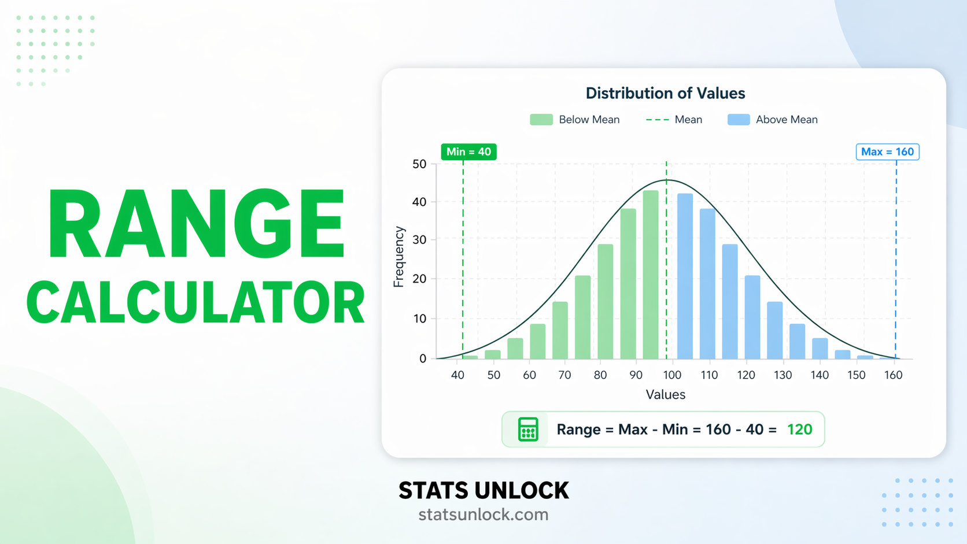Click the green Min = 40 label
468,151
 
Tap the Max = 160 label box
887,151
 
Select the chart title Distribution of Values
665,93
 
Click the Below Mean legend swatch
541,120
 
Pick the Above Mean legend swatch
739,120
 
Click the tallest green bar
651,275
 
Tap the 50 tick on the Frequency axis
419,164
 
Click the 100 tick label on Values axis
672,375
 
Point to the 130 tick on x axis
783,375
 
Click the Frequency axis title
398,257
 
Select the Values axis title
665,394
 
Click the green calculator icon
528,429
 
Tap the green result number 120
799,429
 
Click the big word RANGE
195,224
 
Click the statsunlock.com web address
483,514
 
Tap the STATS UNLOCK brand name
483,490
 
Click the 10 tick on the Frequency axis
419,319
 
